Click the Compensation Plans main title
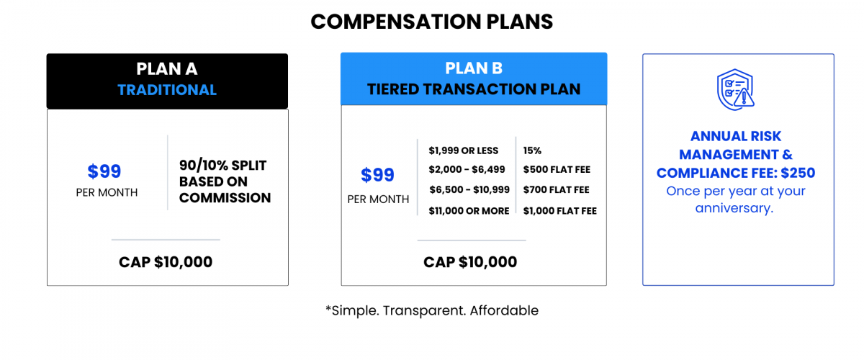coord(431,22)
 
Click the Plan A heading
coord(167,69)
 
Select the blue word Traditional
coord(167,90)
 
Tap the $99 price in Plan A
coord(104,171)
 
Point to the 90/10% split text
coord(225,181)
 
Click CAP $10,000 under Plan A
coord(166,262)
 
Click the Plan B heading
coord(474,68)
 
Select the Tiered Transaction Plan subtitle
coord(474,89)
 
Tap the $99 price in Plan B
coord(377,175)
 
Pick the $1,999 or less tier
coord(463,150)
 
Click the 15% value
coord(532,150)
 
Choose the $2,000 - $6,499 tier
coord(467,169)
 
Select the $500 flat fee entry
coord(557,169)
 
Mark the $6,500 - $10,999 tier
coord(469,189)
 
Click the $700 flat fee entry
coord(556,189)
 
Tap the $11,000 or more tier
coord(469,211)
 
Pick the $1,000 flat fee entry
coord(559,211)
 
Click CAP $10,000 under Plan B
coord(470,262)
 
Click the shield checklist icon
coord(736,89)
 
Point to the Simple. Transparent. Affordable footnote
coord(432,310)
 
